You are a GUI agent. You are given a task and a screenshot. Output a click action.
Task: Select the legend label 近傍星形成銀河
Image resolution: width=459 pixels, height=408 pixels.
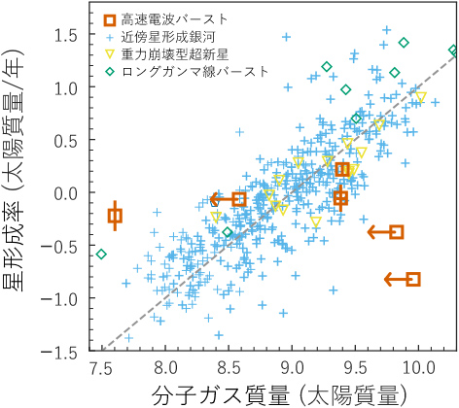pos(169,37)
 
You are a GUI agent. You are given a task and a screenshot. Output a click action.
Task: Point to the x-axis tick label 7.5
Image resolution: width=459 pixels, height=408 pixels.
pos(100,370)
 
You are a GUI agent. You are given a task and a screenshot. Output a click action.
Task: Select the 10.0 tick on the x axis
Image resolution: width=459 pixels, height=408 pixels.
pos(419,370)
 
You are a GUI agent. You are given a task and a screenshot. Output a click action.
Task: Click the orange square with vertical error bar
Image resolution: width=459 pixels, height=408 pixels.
pos(115,216)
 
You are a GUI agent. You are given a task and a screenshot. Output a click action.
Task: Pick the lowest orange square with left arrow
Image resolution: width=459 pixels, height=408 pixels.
pos(413,280)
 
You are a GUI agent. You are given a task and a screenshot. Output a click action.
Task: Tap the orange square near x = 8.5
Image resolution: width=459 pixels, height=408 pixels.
pos(239,199)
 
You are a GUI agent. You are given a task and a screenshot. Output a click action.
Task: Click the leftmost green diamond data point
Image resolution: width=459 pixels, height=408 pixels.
pos(101,255)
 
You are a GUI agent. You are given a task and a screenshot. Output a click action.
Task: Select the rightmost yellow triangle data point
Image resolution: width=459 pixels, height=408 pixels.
pos(420,97)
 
